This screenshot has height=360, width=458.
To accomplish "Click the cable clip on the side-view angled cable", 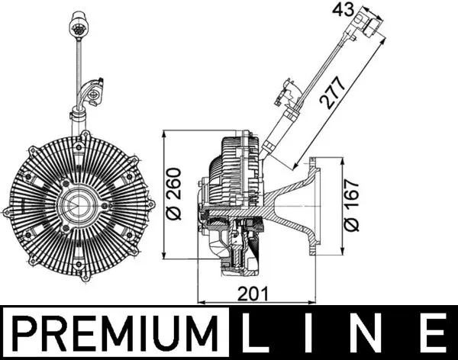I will point(291,92).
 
